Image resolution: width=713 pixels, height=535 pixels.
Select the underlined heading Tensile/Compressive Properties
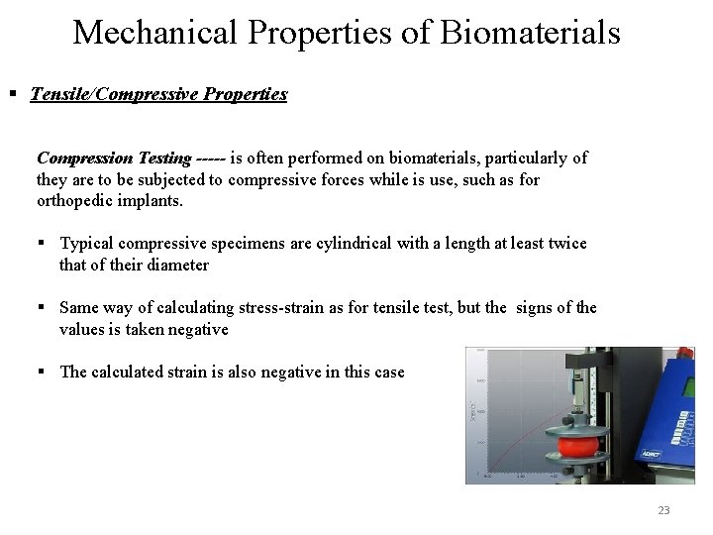pos(159,95)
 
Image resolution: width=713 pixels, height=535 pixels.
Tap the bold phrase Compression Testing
pos(114,158)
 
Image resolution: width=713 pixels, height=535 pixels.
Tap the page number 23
pos(663,510)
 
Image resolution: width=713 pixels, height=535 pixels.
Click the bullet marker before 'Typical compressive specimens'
pos(47,244)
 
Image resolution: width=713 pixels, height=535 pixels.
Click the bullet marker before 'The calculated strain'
pos(47,373)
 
